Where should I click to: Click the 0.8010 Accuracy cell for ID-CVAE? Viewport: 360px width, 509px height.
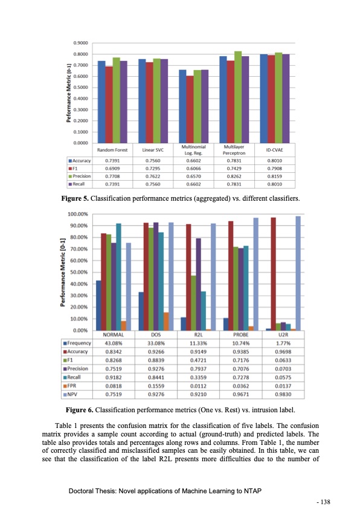276,161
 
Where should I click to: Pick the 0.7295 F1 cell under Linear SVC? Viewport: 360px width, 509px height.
153,168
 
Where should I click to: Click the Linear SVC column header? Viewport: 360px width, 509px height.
153,149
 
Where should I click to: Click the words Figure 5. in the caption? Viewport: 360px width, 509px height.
77,198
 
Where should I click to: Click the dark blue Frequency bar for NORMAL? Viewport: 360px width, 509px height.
98,305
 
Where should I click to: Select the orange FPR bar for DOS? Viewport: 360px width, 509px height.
166,321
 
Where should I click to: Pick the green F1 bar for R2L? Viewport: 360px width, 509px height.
194,303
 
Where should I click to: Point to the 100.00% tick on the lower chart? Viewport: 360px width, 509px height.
78,214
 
